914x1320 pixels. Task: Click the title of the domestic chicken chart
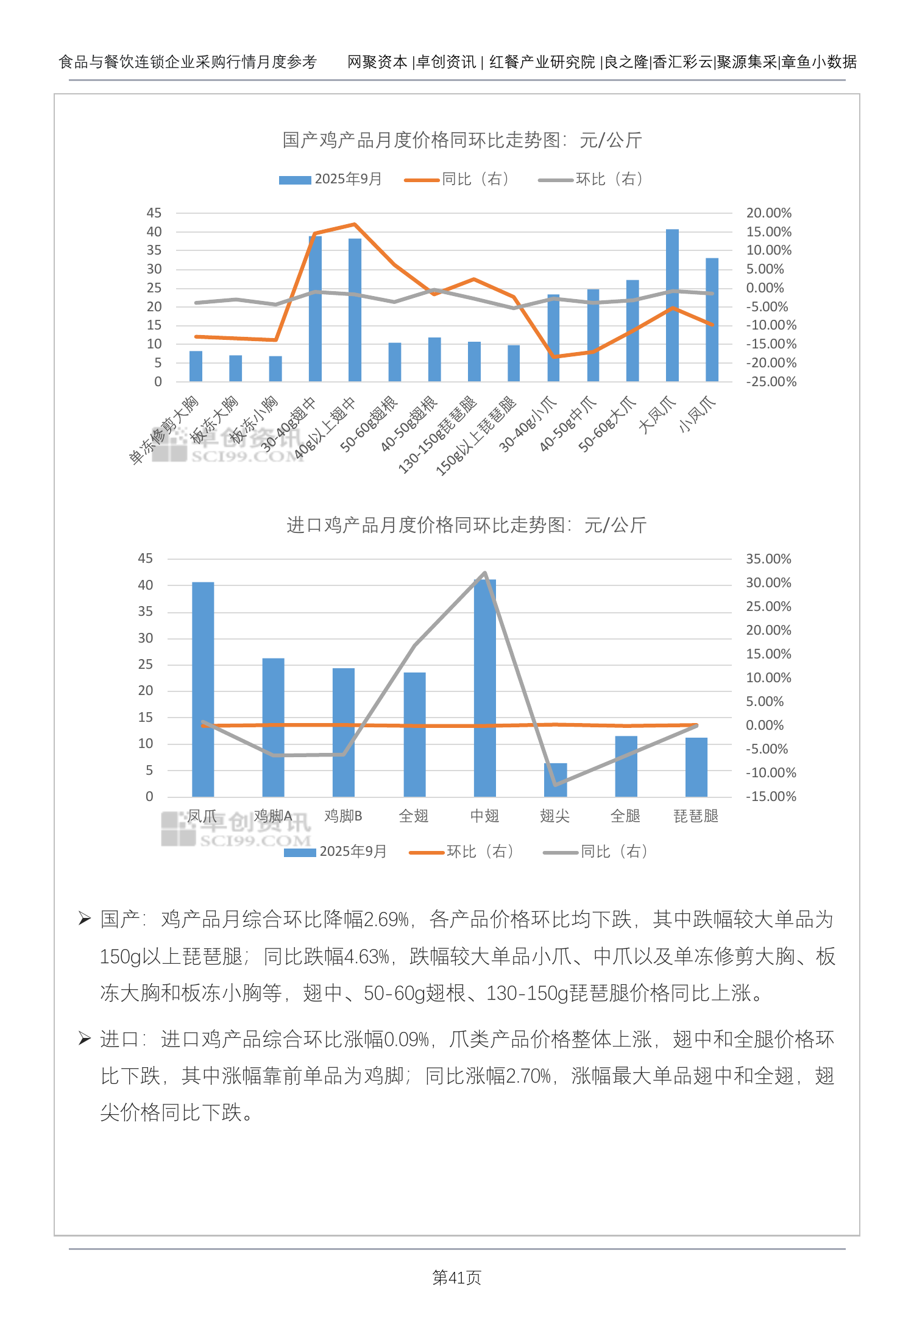click(462, 140)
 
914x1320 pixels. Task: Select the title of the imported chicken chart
click(466, 525)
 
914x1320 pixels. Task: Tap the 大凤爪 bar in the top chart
click(672, 305)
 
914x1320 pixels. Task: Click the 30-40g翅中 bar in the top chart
click(315, 308)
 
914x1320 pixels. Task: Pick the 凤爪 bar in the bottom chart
click(203, 688)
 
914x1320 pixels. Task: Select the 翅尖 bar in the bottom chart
click(555, 780)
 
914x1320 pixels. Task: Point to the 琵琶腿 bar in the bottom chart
click(696, 767)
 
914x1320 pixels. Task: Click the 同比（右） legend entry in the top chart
click(457, 179)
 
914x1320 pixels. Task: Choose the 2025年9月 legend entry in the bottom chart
click(336, 852)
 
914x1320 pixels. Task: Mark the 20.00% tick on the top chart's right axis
click(768, 213)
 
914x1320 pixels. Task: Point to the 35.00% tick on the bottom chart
click(768, 559)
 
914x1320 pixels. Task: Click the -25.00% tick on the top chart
click(771, 382)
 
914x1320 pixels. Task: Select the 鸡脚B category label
click(343, 816)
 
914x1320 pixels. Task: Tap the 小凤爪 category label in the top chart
click(697, 414)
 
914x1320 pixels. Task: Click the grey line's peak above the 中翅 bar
click(484, 573)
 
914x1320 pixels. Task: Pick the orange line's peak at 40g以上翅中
click(355, 224)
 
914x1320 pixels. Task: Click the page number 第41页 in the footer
click(456, 1277)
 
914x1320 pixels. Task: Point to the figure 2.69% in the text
click(386, 920)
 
